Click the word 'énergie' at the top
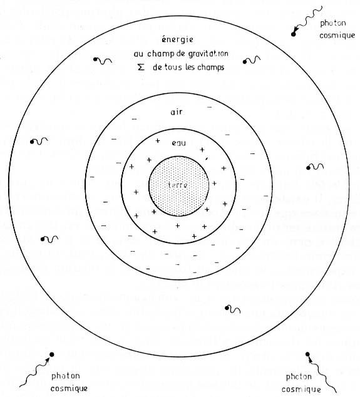(x=177, y=39)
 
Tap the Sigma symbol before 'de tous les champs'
(x=141, y=67)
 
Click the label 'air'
(x=177, y=112)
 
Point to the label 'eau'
(x=178, y=143)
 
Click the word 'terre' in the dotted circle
(x=178, y=185)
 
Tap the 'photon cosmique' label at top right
(x=337, y=29)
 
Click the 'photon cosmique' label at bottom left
(x=69, y=382)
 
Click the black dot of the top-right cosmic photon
(x=293, y=34)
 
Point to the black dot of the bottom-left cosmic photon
(x=51, y=354)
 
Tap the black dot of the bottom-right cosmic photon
(x=307, y=354)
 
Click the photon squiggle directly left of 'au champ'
(x=103, y=61)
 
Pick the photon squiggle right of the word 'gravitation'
(x=252, y=60)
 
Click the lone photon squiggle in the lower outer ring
(x=232, y=309)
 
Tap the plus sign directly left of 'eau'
(x=158, y=140)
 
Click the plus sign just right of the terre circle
(x=214, y=183)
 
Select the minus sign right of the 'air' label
(x=209, y=107)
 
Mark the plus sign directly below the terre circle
(x=177, y=225)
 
